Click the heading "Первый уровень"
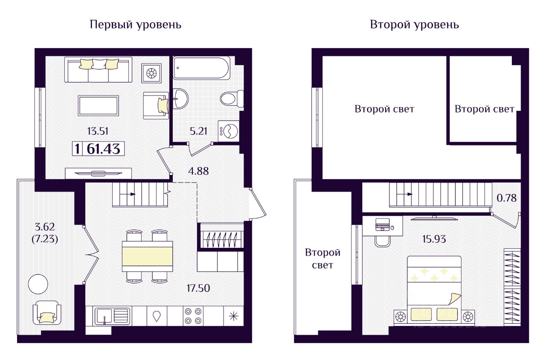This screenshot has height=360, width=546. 136,25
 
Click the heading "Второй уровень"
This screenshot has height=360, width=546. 414,25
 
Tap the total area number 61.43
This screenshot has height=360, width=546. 103,149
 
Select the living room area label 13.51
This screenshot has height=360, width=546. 98,131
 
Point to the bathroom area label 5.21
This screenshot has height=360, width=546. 198,131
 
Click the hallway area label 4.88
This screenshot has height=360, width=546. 198,171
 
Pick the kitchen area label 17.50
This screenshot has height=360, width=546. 198,288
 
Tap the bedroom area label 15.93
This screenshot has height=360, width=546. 434,239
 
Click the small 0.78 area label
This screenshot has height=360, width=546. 506,198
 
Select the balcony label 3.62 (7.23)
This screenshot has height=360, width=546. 45,233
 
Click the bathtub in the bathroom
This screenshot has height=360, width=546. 201,68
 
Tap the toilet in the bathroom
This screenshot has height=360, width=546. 232,99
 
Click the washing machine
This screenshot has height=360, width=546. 228,131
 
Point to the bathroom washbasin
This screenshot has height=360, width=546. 180,99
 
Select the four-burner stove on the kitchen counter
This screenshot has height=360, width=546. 193,316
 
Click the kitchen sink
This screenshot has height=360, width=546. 112,316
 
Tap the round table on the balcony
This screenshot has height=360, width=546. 38,284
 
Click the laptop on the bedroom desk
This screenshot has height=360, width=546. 383,224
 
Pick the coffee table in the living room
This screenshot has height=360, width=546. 99,105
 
